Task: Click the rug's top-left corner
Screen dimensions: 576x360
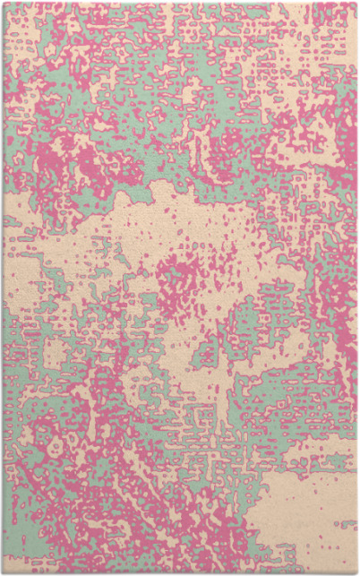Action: pos(3,3)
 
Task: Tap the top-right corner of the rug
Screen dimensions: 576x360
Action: pos(356,3)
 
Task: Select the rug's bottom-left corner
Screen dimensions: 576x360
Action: pos(3,572)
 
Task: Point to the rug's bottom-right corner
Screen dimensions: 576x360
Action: pos(356,572)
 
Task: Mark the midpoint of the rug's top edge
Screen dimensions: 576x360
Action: pos(180,3)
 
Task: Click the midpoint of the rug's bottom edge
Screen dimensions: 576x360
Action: pos(180,572)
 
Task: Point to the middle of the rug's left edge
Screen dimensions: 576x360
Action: pos(3,288)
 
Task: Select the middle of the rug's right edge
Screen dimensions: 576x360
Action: pos(356,288)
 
